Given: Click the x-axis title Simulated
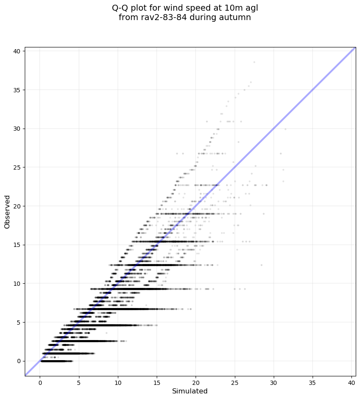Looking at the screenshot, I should (x=190, y=391).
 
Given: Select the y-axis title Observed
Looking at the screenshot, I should (x=7, y=211).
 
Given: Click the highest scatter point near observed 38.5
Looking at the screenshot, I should (x=254, y=62).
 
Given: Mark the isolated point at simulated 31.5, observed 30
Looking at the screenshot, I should (x=285, y=129).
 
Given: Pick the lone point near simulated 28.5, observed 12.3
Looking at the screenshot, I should (x=261, y=265).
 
